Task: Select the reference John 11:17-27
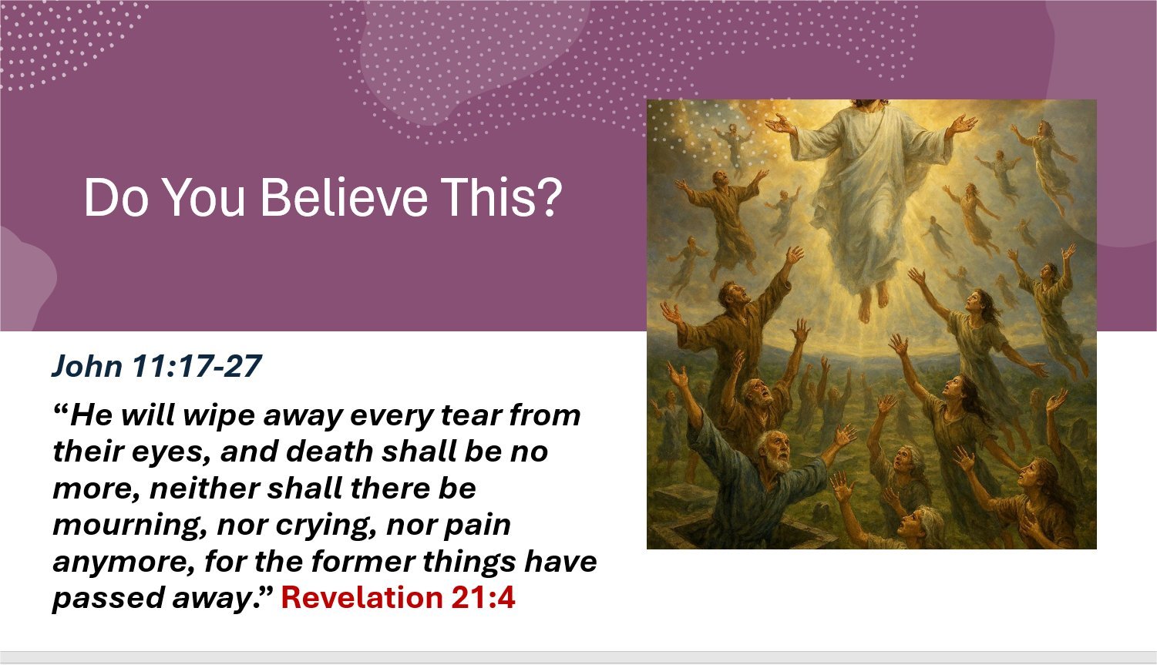pyautogui.click(x=156, y=366)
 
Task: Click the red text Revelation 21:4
pyautogui.click(x=398, y=597)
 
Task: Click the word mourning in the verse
pyautogui.click(x=129, y=526)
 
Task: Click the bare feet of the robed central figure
pyautogui.click(x=873, y=304)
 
